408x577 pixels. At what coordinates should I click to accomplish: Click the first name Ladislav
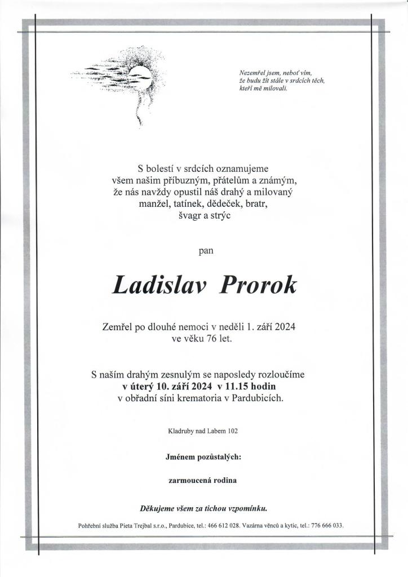159,285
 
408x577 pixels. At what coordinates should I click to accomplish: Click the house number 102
233,432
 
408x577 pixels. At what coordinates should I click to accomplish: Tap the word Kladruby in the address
180,432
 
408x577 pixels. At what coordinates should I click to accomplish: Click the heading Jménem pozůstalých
203,458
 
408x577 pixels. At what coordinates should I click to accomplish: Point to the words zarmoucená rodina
203,481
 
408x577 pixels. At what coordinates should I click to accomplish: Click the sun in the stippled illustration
140,73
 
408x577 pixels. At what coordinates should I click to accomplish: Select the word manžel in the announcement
153,203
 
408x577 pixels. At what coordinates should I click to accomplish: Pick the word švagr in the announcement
183,215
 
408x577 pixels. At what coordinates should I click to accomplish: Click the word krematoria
212,399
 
